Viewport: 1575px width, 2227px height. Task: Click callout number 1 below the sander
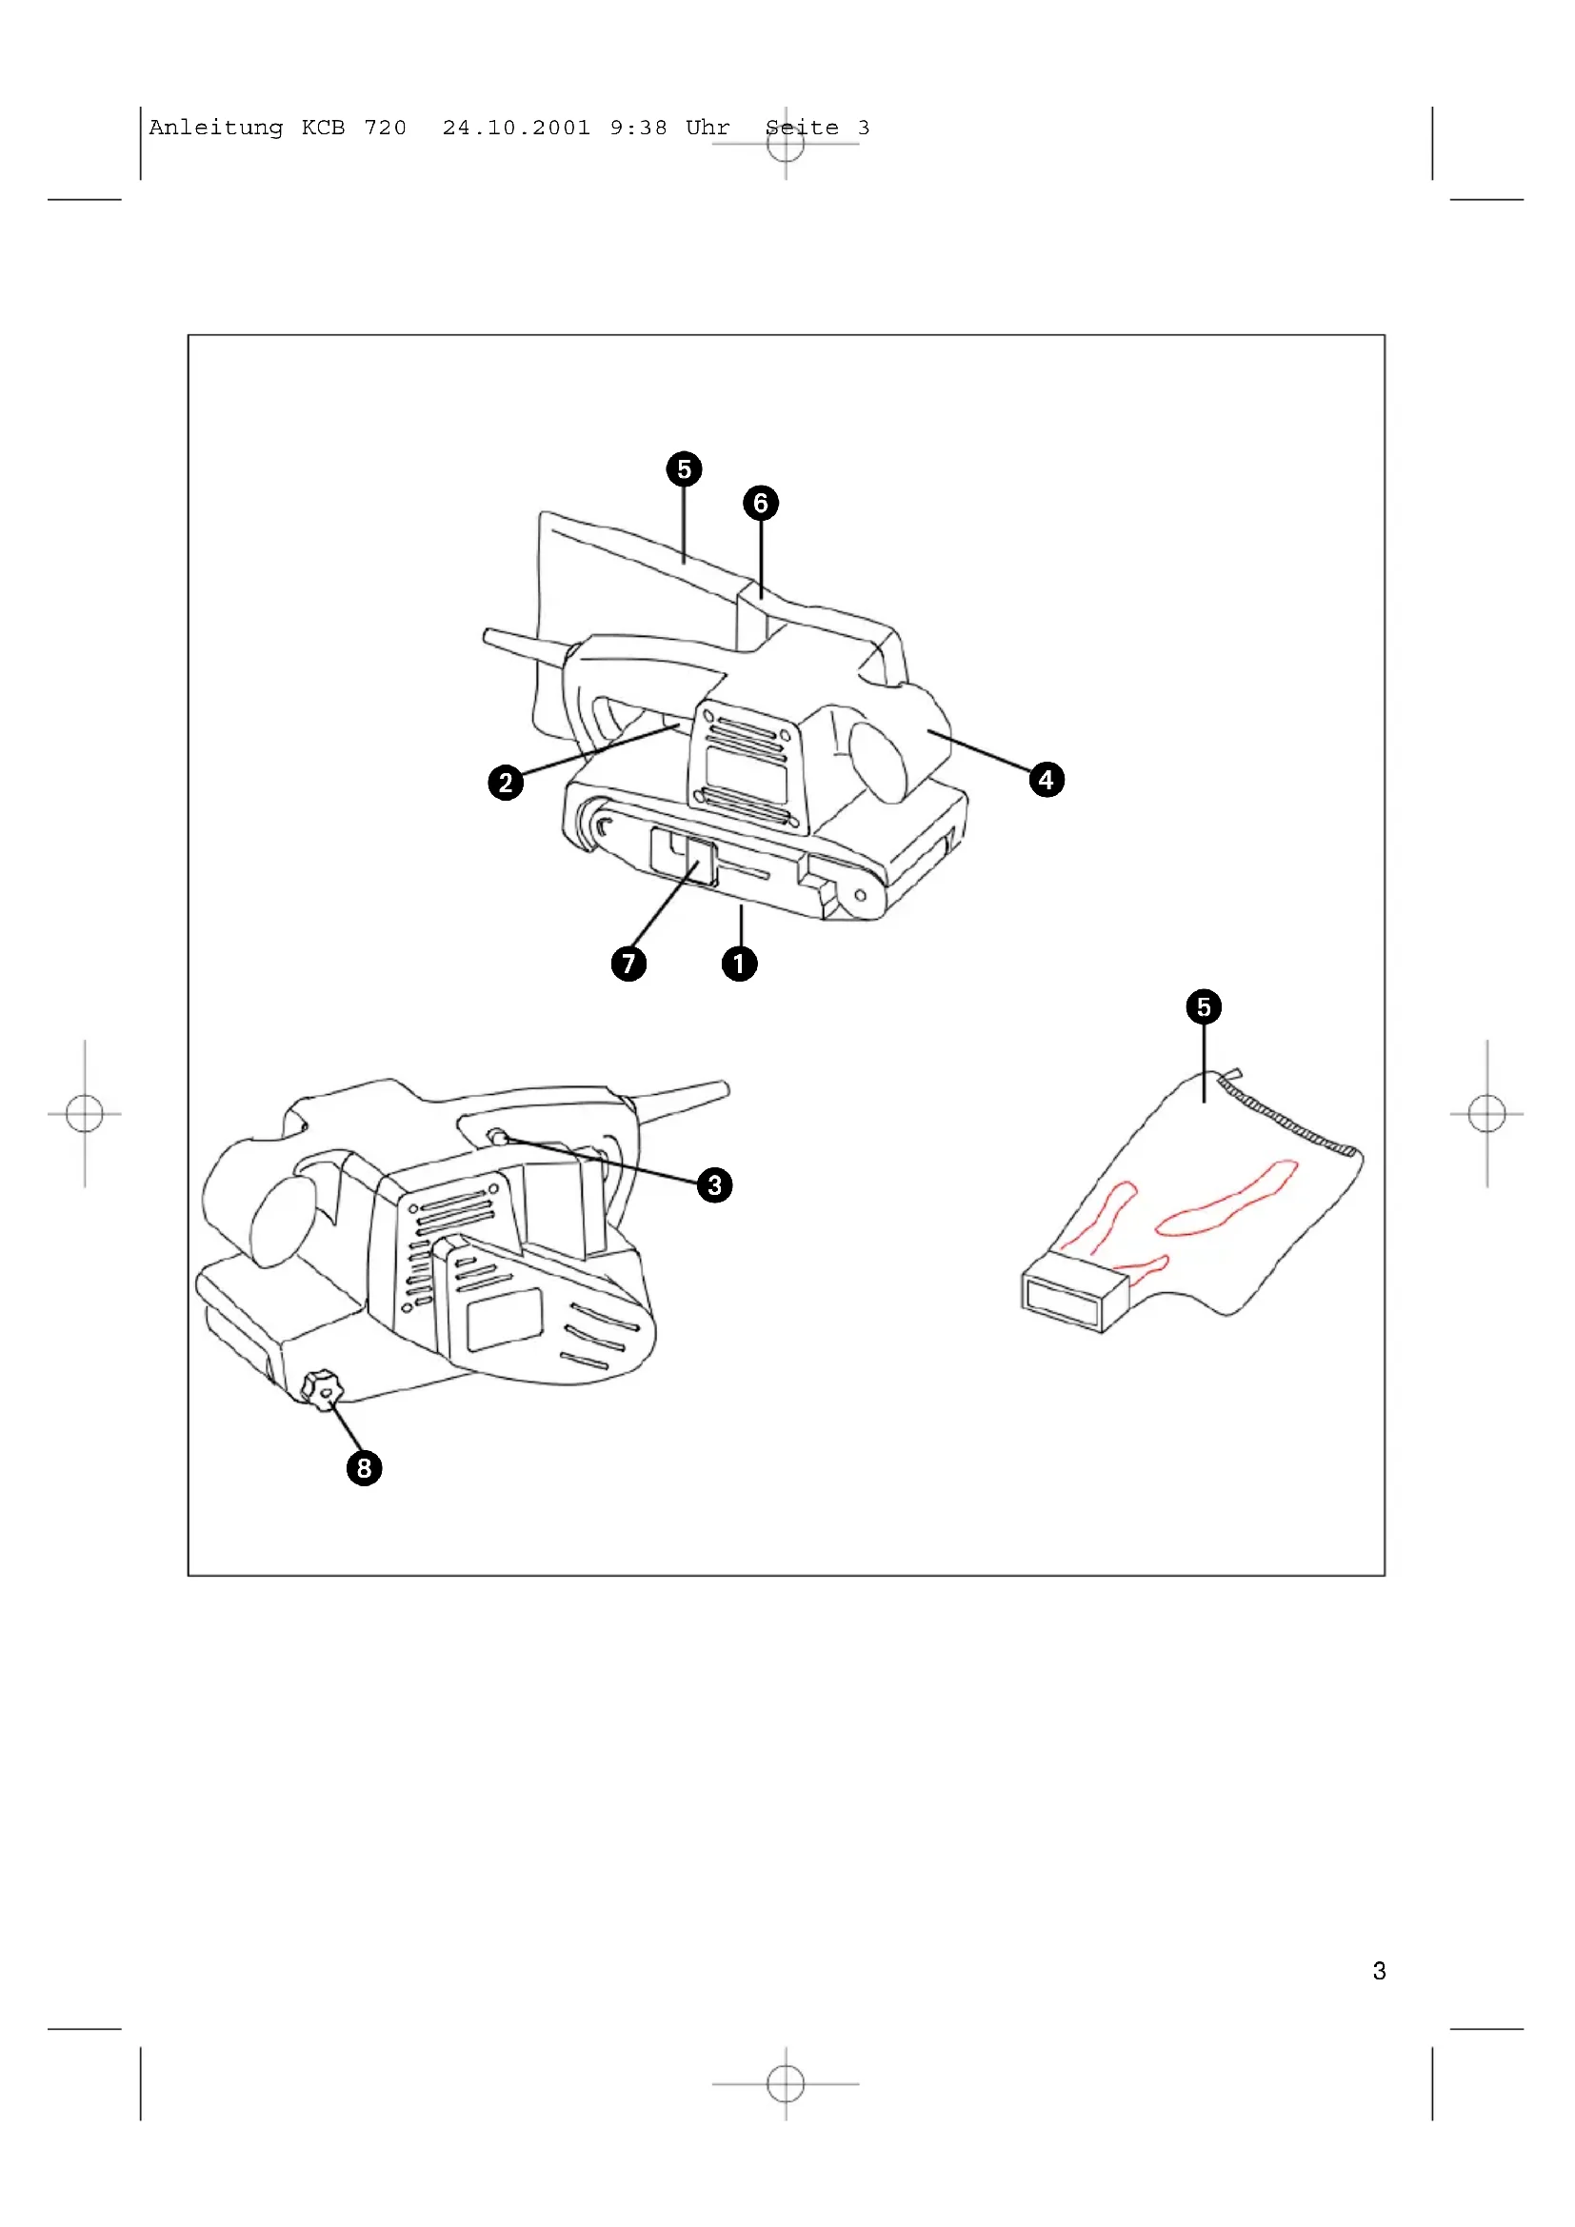[x=739, y=964]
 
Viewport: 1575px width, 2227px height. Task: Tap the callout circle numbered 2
[x=506, y=782]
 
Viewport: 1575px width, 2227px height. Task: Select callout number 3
[x=715, y=1184]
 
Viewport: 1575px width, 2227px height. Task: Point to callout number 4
[x=1046, y=779]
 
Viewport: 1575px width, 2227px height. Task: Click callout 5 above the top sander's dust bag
[x=684, y=469]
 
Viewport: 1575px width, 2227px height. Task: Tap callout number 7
[x=628, y=964]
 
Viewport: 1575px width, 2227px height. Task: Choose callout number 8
[x=364, y=1467]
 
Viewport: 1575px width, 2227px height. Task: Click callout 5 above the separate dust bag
[x=1204, y=1006]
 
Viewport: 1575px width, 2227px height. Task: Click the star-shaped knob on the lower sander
[x=322, y=1390]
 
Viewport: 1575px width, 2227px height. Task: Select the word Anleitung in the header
[x=216, y=128]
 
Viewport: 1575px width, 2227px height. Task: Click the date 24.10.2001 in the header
[x=516, y=128]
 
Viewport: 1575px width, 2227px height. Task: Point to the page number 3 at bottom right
[x=1379, y=1970]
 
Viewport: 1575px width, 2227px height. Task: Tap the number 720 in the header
[x=385, y=128]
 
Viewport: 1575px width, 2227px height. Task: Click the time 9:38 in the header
[x=638, y=128]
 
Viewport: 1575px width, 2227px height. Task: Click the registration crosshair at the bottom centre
[x=786, y=2083]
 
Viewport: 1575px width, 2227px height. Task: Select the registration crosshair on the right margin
[x=1486, y=1114]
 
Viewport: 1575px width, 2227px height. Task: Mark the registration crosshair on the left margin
[x=85, y=1114]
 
